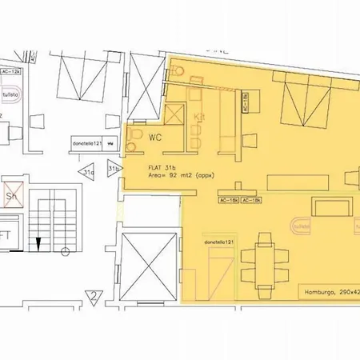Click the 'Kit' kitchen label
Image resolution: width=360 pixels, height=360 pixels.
[200, 117]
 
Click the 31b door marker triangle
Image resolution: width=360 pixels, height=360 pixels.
[113, 169]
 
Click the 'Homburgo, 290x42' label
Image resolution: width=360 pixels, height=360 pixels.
[327, 292]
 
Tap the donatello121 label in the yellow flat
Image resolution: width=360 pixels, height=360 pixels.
[218, 241]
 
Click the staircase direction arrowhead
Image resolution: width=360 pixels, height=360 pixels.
[38, 241]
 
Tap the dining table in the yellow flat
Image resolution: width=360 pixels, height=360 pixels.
[264, 259]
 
